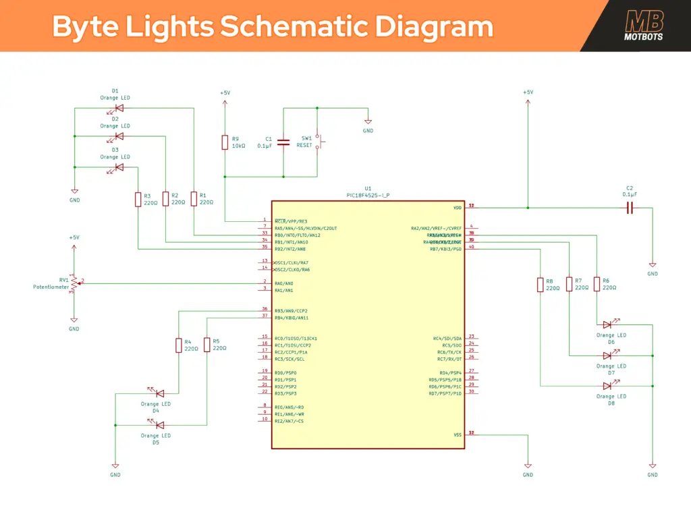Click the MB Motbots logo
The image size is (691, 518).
click(x=644, y=26)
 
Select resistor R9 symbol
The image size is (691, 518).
click(x=225, y=142)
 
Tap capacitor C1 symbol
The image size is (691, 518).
click(x=283, y=142)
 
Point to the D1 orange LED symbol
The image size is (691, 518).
click(x=119, y=108)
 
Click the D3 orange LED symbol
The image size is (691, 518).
click(x=119, y=167)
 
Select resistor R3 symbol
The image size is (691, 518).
click(x=138, y=199)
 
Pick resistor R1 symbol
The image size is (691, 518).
click(x=194, y=199)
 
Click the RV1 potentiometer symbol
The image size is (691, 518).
click(x=74, y=283)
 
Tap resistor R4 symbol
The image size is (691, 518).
click(x=178, y=345)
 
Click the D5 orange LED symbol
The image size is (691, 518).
click(x=159, y=425)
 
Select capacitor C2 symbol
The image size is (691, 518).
click(x=630, y=208)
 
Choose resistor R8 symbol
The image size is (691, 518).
click(x=541, y=285)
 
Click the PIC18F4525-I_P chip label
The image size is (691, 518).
click(x=368, y=195)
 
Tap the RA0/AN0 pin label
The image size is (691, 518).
click(x=284, y=283)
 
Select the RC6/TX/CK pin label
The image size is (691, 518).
click(x=449, y=352)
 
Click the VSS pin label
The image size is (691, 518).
click(x=458, y=435)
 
